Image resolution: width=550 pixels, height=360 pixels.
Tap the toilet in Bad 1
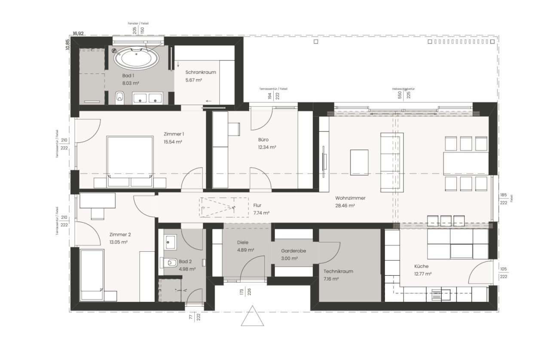[x=120, y=98]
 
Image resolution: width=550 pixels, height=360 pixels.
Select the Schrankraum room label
[x=200, y=72]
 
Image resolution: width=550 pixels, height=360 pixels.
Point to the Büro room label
[x=264, y=140]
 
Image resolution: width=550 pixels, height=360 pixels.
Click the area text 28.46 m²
[x=345, y=206]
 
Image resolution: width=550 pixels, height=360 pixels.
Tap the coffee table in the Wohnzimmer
[x=359, y=162]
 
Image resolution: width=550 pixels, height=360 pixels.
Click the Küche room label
[x=421, y=266]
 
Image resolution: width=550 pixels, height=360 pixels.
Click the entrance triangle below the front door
[x=252, y=318]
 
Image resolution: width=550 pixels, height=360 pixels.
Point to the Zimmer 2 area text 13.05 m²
[x=119, y=242]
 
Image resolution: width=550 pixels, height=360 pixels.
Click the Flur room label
[x=257, y=205]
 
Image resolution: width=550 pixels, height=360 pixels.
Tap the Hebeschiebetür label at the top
[x=403, y=88]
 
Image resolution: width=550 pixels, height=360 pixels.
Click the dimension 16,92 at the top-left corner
[x=78, y=33]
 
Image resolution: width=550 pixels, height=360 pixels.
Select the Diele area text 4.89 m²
[x=245, y=250]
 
